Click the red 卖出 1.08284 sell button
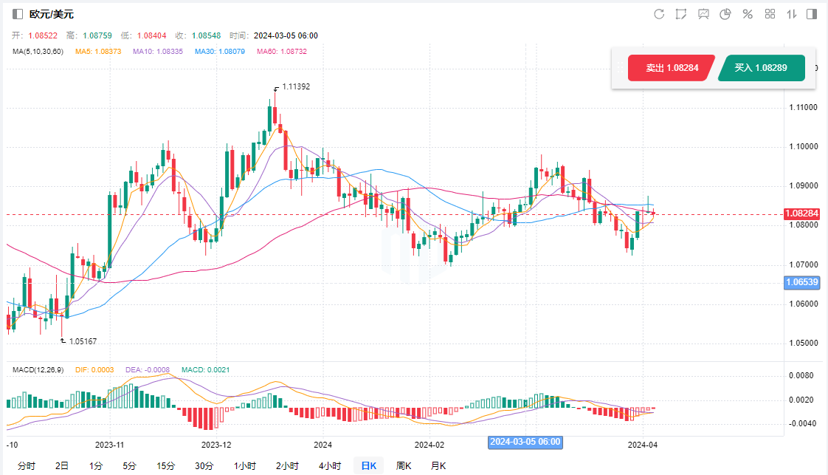click(x=670, y=68)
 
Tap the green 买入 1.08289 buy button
click(x=761, y=68)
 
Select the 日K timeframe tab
click(x=368, y=465)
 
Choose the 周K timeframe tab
click(x=403, y=465)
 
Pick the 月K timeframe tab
click(x=438, y=465)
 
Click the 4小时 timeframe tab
click(x=330, y=465)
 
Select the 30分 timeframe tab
click(x=204, y=465)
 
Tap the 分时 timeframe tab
click(x=26, y=465)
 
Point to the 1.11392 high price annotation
click(x=295, y=86)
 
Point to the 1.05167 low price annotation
click(x=83, y=341)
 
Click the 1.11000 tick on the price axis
click(x=802, y=107)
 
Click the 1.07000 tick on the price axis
click(x=802, y=264)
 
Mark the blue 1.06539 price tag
click(x=802, y=282)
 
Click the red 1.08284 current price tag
click(x=802, y=214)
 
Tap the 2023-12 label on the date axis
click(x=216, y=445)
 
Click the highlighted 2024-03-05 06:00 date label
click(x=525, y=442)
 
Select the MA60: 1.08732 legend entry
click(x=281, y=51)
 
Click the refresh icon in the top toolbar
click(x=659, y=14)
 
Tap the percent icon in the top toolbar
click(x=747, y=14)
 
